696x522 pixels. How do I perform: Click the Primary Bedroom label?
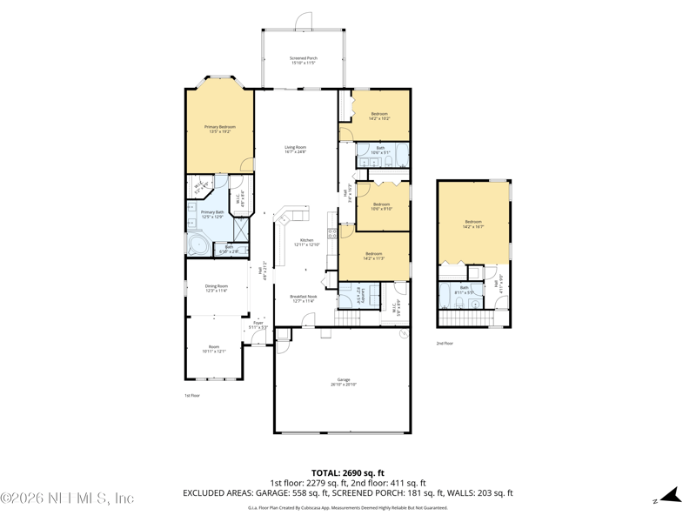coord(220,129)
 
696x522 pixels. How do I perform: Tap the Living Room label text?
coord(296,150)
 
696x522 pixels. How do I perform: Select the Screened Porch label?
coord(304,60)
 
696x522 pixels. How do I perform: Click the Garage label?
coord(344,381)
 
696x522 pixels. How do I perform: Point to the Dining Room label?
coord(217,288)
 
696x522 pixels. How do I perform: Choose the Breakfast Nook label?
coord(304,298)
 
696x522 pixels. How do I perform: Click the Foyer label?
coord(258,325)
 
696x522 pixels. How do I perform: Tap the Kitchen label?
coord(306,243)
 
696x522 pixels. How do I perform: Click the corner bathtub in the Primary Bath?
coord(199,244)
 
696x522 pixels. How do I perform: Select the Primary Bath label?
coord(212,214)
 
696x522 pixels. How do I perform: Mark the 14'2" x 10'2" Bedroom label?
coord(379,116)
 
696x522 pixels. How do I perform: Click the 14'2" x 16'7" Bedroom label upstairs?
coord(472,224)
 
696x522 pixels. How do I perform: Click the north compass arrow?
coord(669,496)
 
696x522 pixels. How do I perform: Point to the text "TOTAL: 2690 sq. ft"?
coord(347,472)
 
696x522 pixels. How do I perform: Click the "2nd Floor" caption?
coord(445,343)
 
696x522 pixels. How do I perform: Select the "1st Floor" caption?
coord(192,395)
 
